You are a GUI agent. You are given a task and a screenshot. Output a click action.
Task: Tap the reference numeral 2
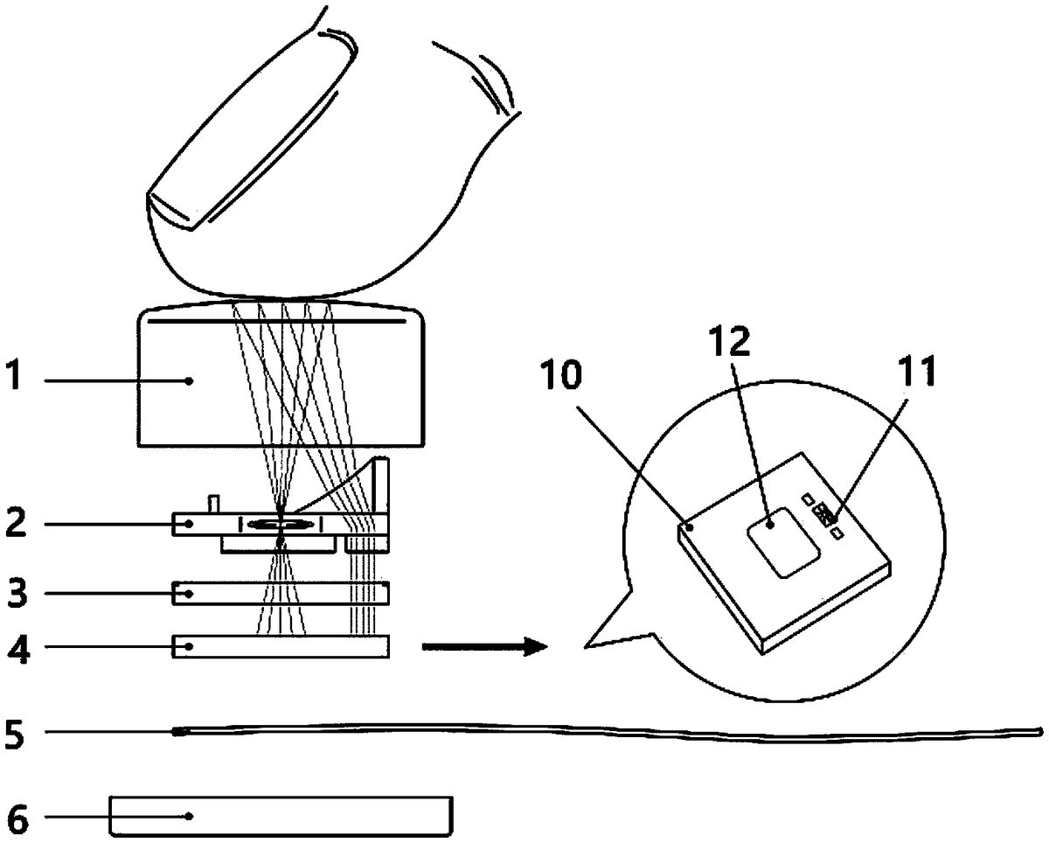pyautogui.click(x=16, y=522)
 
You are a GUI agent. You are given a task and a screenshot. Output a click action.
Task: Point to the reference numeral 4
pyautogui.click(x=18, y=647)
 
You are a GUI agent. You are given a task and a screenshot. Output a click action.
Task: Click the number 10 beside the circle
pyautogui.click(x=560, y=374)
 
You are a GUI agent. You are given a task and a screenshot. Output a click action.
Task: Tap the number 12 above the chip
pyautogui.click(x=729, y=340)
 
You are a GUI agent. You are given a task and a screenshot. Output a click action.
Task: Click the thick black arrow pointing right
pyautogui.click(x=485, y=647)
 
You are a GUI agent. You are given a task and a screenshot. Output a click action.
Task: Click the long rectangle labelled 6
pyautogui.click(x=281, y=817)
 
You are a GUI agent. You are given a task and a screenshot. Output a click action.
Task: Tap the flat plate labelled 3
pyautogui.click(x=281, y=593)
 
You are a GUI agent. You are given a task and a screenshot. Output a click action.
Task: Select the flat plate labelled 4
pyautogui.click(x=281, y=646)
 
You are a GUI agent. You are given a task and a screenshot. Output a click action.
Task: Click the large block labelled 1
pyautogui.click(x=281, y=375)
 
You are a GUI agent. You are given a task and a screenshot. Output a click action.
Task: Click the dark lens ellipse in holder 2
pyautogui.click(x=281, y=525)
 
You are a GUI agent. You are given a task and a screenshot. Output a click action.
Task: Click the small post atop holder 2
pyautogui.click(x=214, y=503)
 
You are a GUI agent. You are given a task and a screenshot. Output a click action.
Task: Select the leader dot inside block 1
pyautogui.click(x=190, y=380)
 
